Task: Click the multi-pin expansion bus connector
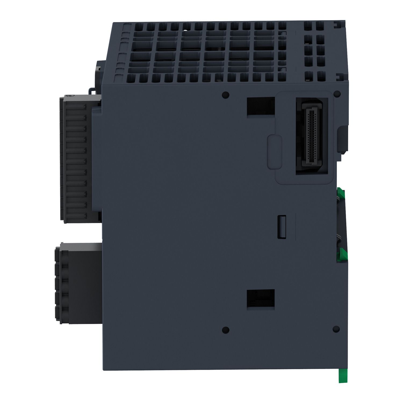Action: [x=312, y=136]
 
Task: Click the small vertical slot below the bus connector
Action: [x=281, y=226]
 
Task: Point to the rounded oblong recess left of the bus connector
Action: [x=274, y=152]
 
